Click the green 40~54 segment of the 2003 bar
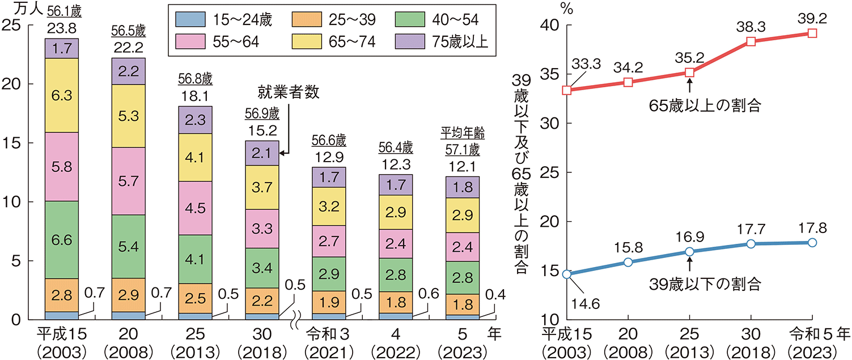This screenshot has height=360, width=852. (x=61, y=240)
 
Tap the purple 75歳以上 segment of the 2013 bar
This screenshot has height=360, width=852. (x=195, y=120)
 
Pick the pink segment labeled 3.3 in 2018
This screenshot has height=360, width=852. (x=262, y=228)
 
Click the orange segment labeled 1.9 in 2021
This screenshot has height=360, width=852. (x=329, y=302)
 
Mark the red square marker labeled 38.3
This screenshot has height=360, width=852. (x=751, y=41)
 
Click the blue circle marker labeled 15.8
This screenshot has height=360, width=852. (x=628, y=262)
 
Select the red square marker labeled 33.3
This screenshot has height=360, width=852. (x=567, y=90)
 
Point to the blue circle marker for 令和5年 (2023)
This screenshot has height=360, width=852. (x=812, y=242)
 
